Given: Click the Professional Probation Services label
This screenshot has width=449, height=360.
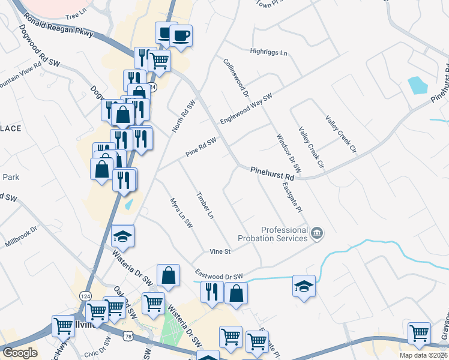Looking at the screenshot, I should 285,234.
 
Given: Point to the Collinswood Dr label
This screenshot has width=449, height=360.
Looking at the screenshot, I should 236,77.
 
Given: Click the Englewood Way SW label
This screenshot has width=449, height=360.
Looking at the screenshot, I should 246,109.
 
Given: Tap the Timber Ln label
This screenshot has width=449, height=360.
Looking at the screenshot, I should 205,205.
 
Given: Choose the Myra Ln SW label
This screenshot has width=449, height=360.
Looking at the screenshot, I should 181,213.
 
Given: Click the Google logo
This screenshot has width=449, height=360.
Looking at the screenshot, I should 19,353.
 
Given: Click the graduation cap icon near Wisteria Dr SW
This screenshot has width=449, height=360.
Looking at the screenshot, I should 123,236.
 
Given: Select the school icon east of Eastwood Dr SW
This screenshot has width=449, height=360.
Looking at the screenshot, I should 304,286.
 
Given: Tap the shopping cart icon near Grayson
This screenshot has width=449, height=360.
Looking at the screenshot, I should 419,333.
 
